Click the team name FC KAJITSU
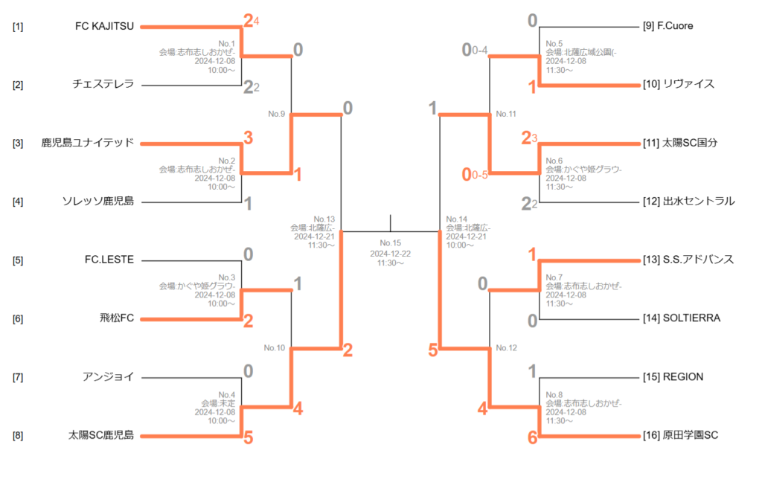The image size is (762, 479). click(104, 26)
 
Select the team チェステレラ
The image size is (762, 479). click(103, 84)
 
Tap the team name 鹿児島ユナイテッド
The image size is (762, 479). click(88, 143)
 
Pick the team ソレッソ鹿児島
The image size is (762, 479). click(98, 201)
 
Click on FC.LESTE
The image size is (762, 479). click(109, 260)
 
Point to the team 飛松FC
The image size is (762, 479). click(117, 318)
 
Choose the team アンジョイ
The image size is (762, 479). click(109, 376)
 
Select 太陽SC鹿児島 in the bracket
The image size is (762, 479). click(101, 435)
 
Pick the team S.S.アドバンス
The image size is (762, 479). click(688, 260)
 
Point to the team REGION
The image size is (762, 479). click(672, 376)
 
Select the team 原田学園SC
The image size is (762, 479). click(680, 435)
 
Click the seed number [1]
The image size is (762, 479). click(18, 27)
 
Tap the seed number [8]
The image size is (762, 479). click(18, 436)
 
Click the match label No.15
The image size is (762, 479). click(390, 243)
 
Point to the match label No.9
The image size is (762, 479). click(277, 114)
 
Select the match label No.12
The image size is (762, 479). click(506, 347)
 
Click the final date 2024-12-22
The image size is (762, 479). click(390, 253)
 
